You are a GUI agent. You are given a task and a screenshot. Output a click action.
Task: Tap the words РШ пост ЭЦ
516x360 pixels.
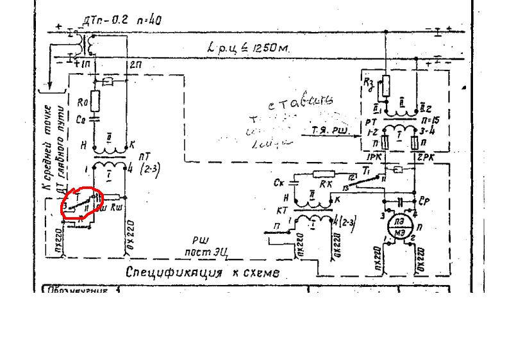coord(203,247)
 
